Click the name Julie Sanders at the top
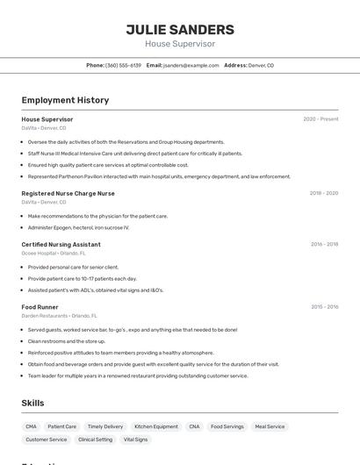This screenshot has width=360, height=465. pos(179,29)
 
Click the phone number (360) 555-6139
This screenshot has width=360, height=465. pos(123,65)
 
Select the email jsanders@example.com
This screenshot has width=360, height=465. pos(191,65)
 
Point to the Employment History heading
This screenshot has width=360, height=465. pos(65,100)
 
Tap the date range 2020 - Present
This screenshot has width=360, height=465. pos(320,118)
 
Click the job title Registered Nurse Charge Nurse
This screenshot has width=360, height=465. pos(68,193)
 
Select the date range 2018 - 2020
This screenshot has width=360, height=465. pos(323,193)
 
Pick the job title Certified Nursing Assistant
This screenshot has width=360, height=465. pos(61,244)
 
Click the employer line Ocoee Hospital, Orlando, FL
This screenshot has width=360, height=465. pos(59,254)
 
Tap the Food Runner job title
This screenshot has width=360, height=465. pos(41,307)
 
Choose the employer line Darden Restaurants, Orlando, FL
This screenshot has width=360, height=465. pos(59,316)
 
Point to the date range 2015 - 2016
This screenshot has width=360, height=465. pos(324,307)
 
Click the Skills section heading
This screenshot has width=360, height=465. pos(33,403)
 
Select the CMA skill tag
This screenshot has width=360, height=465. pos(32,426)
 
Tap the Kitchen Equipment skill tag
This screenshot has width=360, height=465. pos(155,426)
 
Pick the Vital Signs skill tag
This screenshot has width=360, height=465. pos(135,439)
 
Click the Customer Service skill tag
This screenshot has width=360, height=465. pos(47,439)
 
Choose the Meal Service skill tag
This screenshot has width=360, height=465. pos(270,426)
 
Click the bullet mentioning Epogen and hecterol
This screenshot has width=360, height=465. pos(78,227)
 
